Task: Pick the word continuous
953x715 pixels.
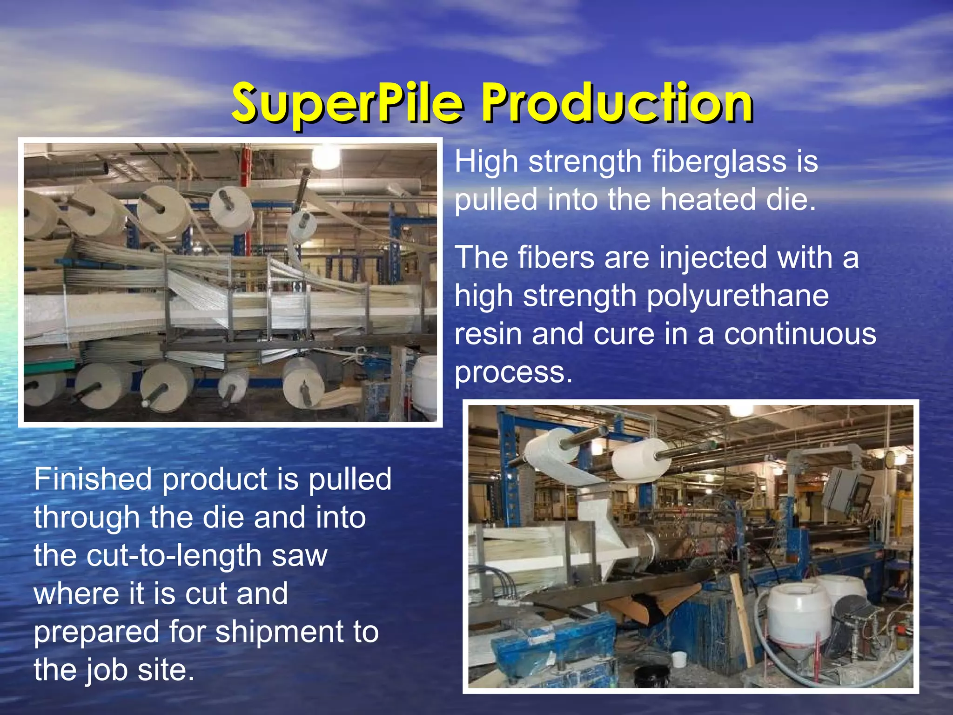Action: pyautogui.click(x=800, y=334)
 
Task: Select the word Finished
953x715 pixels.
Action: pyautogui.click(x=93, y=479)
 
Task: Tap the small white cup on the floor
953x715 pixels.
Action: pyautogui.click(x=680, y=659)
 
